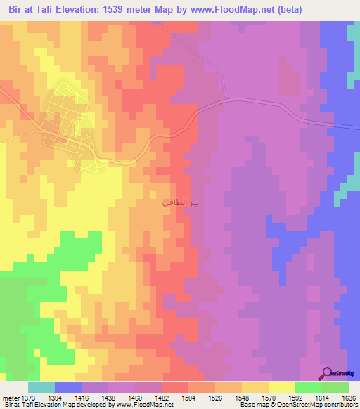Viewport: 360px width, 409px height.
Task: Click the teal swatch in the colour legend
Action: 41,387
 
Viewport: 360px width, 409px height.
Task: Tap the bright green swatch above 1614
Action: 309,387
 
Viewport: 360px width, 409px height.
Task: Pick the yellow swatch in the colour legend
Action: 282,387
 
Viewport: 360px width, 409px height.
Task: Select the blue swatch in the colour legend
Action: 68,387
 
